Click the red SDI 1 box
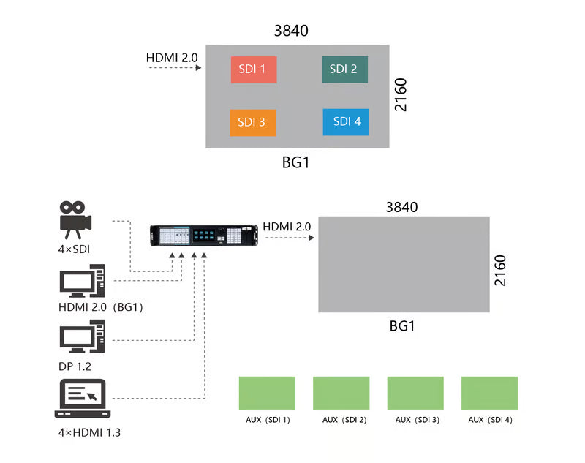(x=253, y=69)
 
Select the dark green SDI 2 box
(x=344, y=69)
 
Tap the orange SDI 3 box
(x=253, y=122)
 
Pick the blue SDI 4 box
(x=346, y=122)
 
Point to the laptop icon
(x=81, y=399)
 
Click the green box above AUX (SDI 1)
(x=267, y=393)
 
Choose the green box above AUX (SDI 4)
(x=489, y=393)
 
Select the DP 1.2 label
(x=75, y=366)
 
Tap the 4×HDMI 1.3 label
(x=89, y=432)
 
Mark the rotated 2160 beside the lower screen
(x=500, y=270)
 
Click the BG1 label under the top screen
(x=296, y=163)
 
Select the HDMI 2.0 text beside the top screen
(x=172, y=56)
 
